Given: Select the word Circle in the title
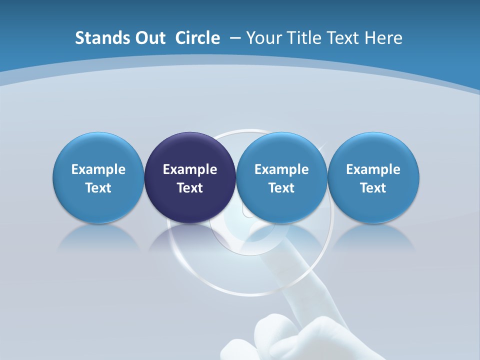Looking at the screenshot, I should click(x=197, y=38).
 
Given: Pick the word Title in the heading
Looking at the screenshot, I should click(x=301, y=38).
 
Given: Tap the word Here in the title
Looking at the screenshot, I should click(x=384, y=38).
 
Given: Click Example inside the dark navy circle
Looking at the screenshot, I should click(x=190, y=169).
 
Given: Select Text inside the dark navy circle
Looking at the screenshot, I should click(x=190, y=188).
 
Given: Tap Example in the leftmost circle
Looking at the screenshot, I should click(x=98, y=169).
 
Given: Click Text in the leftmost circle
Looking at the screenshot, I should click(x=98, y=188).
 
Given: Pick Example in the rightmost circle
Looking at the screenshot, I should click(x=373, y=169).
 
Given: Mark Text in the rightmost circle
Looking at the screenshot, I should click(x=373, y=188).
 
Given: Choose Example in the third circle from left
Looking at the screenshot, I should click(x=281, y=169).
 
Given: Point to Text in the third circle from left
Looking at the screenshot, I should click(x=281, y=188).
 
